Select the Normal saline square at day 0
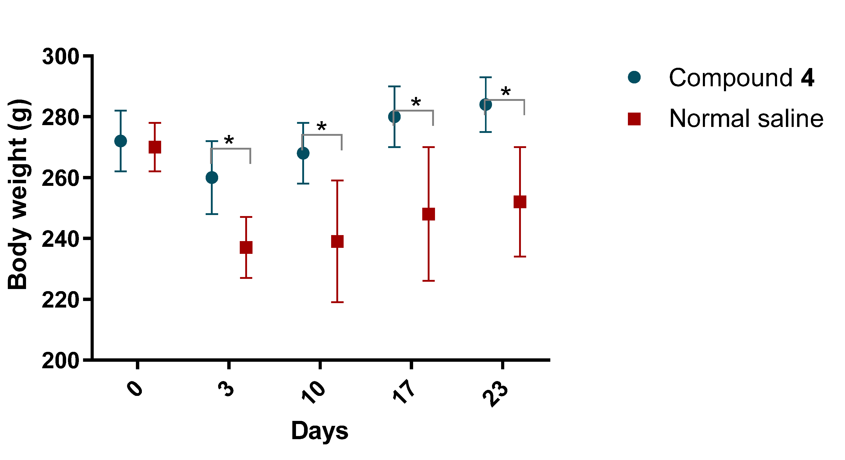point(155,147)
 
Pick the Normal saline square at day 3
point(246,247)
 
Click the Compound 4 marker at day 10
point(303,153)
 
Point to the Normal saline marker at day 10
point(337,241)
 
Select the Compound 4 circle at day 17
point(394,116)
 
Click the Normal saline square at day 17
point(428,214)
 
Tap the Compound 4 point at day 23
point(485,105)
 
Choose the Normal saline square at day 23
point(520,202)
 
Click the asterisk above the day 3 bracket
point(229,140)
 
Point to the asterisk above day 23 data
point(506,91)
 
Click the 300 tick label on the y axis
point(61,57)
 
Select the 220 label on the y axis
point(61,300)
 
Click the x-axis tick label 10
point(313,391)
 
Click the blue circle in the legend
point(634,77)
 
